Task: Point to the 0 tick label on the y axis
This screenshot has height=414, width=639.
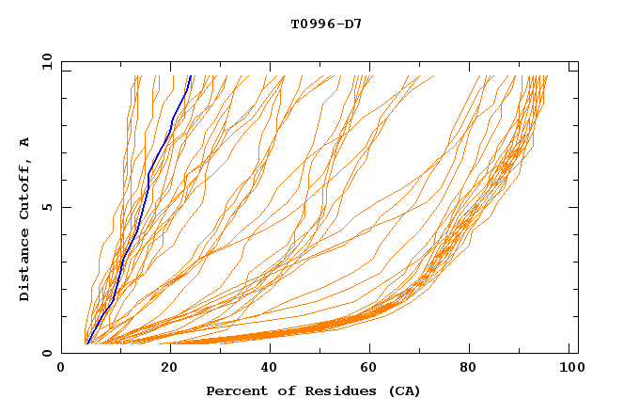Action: coord(46,353)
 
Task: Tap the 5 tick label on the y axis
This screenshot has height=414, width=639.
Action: coord(46,207)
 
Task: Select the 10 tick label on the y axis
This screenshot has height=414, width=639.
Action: coord(43,61)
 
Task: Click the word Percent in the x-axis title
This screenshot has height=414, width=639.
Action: coord(235,390)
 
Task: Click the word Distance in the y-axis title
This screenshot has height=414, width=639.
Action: coord(24,265)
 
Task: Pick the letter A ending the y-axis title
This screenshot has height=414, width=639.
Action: coord(24,141)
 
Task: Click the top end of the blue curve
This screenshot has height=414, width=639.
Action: coord(191,76)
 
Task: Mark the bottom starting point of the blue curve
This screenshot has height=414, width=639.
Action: coord(86,342)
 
